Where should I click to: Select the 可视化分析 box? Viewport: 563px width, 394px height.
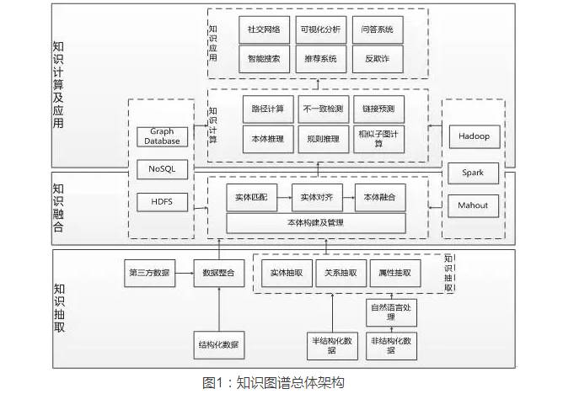coord(320,29)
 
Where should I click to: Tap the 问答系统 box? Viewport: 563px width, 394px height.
coord(377,29)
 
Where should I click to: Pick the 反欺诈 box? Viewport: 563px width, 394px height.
coord(377,59)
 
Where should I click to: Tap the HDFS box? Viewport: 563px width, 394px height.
coord(162,202)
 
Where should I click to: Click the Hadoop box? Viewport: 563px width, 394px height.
coord(474,136)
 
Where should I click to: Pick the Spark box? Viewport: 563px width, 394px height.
coord(474,173)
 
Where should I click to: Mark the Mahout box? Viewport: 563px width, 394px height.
coord(474,205)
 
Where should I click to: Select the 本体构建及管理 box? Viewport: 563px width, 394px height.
coord(316,223)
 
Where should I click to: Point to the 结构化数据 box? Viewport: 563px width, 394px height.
coord(218,344)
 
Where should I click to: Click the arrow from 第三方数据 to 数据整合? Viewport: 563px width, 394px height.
coord(185,272)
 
